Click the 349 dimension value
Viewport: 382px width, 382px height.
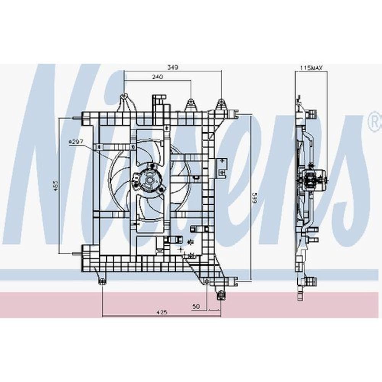(173, 67)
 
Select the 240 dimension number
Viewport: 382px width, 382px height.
(157, 77)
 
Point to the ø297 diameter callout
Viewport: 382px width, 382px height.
(76, 141)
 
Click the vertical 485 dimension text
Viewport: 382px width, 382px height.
(56, 185)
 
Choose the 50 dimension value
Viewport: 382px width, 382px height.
(196, 306)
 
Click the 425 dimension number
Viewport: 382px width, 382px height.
(162, 312)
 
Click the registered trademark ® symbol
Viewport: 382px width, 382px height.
(376, 122)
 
